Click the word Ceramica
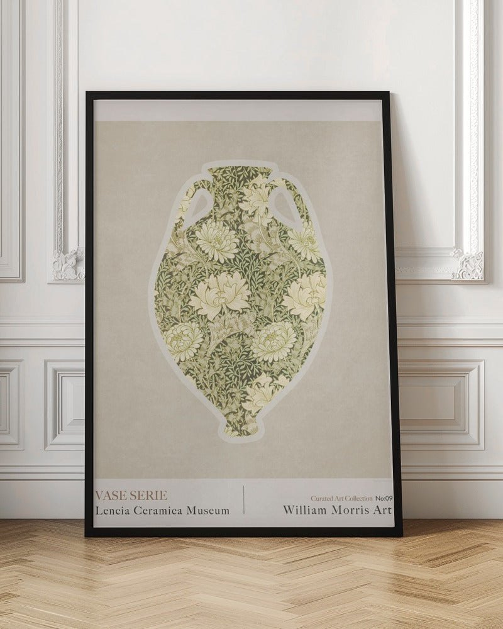pyautogui.click(x=157, y=510)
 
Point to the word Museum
pyautogui.click(x=207, y=510)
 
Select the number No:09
pyautogui.click(x=384, y=498)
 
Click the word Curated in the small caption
pyautogui.click(x=323, y=498)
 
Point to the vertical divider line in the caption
pyautogui.click(x=244, y=500)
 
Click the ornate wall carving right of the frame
pyautogui.click(x=468, y=264)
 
